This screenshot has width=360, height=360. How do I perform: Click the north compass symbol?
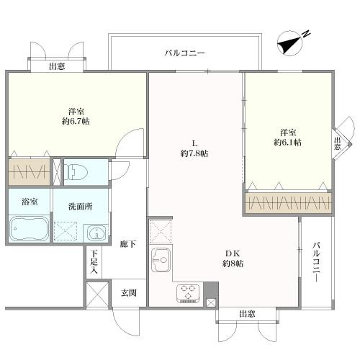pyautogui.click(x=291, y=44)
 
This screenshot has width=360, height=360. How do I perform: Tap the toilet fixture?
pyautogui.click(x=77, y=172)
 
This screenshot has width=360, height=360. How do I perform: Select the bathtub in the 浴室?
pyautogui.click(x=29, y=228)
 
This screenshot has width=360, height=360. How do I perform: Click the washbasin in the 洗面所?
pyautogui.click(x=96, y=233)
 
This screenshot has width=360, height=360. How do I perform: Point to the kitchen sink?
pyautogui.click(x=161, y=260)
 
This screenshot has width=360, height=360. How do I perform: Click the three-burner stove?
pyautogui.click(x=188, y=293)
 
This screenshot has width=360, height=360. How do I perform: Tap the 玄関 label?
pyautogui.click(x=129, y=293)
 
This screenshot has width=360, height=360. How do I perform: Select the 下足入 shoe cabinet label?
pyautogui.click(x=94, y=262)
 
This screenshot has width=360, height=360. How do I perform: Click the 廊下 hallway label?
pyautogui.click(x=128, y=244)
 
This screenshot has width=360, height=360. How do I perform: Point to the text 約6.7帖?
pyautogui.click(x=76, y=122)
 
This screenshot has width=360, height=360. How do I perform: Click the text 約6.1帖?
pyautogui.click(x=288, y=143)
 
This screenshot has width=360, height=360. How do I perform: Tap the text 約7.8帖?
pyautogui.click(x=194, y=153)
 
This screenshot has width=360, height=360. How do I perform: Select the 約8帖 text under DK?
pyautogui.click(x=233, y=264)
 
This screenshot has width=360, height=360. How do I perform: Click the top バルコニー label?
pyautogui.click(x=184, y=53)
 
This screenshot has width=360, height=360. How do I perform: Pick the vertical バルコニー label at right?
pyautogui.click(x=317, y=262)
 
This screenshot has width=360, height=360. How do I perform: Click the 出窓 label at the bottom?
pyautogui.click(x=247, y=314)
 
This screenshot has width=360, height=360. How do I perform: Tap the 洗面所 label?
pyautogui.click(x=81, y=207)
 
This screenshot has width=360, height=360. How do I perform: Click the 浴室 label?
pyautogui.click(x=30, y=202)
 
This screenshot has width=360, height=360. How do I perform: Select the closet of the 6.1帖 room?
pyautogui.click(x=288, y=203)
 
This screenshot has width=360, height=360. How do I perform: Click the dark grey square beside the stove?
pyautogui.click(x=211, y=290)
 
